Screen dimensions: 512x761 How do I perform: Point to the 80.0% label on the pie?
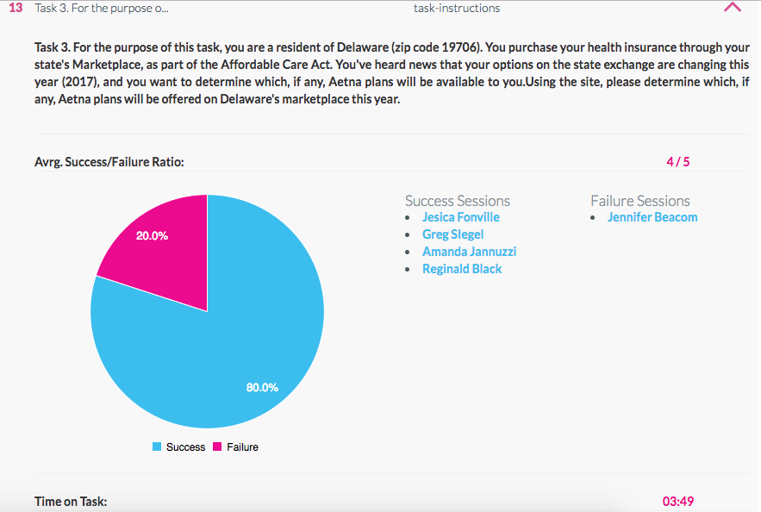pyautogui.click(x=262, y=388)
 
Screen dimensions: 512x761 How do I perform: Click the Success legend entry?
pyautogui.click(x=179, y=447)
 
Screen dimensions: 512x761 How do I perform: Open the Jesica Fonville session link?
pyautogui.click(x=460, y=217)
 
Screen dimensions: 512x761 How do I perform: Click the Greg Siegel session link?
pyautogui.click(x=452, y=234)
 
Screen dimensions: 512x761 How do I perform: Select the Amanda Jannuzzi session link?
pyautogui.click(x=469, y=252)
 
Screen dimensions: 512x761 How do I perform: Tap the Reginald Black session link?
pyautogui.click(x=462, y=269)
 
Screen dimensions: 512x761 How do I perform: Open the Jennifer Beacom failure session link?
pyautogui.click(x=652, y=217)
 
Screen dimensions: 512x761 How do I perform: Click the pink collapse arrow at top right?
pyautogui.click(x=733, y=8)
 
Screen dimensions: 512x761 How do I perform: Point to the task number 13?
pyautogui.click(x=16, y=8)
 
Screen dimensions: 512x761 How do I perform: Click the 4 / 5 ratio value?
pyautogui.click(x=677, y=161)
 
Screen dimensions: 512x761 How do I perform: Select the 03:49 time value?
pyautogui.click(x=677, y=501)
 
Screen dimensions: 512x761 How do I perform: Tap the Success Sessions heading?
pyautogui.click(x=457, y=201)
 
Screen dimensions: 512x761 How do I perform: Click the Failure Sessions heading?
pyautogui.click(x=639, y=201)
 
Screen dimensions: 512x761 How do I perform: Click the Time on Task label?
pyautogui.click(x=71, y=501)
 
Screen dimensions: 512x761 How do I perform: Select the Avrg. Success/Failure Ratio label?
pyautogui.click(x=109, y=161)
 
